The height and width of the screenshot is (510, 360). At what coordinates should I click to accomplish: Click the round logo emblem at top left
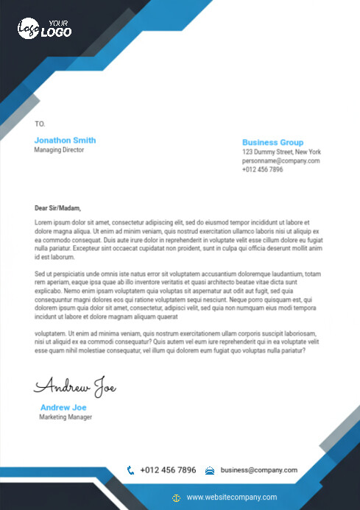28,29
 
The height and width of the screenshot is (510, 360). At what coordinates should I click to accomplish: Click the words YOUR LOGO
57,29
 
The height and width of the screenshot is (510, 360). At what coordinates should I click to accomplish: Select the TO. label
40,124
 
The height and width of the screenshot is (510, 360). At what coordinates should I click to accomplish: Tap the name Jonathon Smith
65,140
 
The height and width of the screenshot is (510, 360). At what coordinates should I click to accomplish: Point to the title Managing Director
59,150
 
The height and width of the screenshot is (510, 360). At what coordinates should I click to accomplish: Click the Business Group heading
272,142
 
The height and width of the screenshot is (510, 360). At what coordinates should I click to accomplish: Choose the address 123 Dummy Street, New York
281,152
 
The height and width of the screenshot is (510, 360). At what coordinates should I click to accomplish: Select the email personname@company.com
280,160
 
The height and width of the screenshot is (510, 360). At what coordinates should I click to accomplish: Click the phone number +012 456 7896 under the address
262,169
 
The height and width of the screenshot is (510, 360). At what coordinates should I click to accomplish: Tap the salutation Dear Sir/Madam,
57,208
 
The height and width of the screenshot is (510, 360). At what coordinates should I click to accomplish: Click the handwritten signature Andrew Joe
74,386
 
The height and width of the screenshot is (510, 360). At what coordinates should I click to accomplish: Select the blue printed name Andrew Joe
63,407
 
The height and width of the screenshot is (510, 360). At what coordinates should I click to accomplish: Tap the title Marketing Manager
66,417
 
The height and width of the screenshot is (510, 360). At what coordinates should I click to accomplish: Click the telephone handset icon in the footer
130,470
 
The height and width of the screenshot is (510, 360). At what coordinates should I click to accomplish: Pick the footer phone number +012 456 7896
168,470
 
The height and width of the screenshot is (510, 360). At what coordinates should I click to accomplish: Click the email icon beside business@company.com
210,470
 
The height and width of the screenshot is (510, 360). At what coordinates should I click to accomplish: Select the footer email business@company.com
258,470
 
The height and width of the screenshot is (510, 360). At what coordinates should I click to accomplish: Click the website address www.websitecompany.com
231,497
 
